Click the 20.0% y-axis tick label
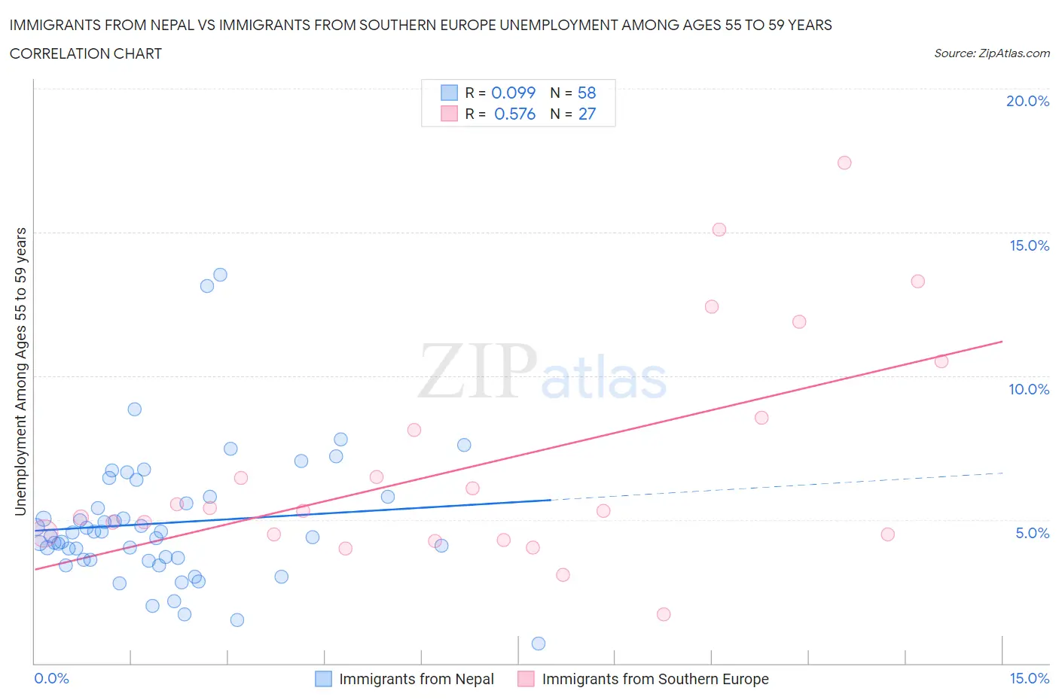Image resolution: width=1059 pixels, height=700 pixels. tap(1027, 101)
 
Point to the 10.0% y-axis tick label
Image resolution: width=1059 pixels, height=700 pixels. tap(1028, 389)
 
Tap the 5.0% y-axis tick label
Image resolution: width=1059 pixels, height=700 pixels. tap(1032, 533)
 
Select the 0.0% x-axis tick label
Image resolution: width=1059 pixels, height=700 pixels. tap(51, 678)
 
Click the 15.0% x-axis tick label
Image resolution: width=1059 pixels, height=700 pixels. tap(1029, 678)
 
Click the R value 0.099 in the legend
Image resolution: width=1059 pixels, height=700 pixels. tap(513, 93)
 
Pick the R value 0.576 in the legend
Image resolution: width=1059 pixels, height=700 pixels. tap(514, 114)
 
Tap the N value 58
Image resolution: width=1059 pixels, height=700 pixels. tap(587, 93)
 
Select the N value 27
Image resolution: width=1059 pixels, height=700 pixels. tap(587, 114)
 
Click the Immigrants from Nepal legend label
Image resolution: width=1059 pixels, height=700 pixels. tap(416, 679)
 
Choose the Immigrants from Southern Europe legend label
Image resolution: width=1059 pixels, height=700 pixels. tap(655, 679)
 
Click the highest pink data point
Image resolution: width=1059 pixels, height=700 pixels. tap(844, 163)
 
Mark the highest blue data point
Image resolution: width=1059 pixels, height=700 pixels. tap(220, 275)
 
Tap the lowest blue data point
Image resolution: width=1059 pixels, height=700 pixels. tap(539, 644)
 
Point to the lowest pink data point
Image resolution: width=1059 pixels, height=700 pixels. tap(664, 614)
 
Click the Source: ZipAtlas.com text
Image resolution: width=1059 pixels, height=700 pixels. tap(991, 53)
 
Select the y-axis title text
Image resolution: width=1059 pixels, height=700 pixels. tap(21, 372)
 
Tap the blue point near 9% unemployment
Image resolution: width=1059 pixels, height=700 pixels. tap(135, 409)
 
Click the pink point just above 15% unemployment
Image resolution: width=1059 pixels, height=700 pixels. tap(719, 230)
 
